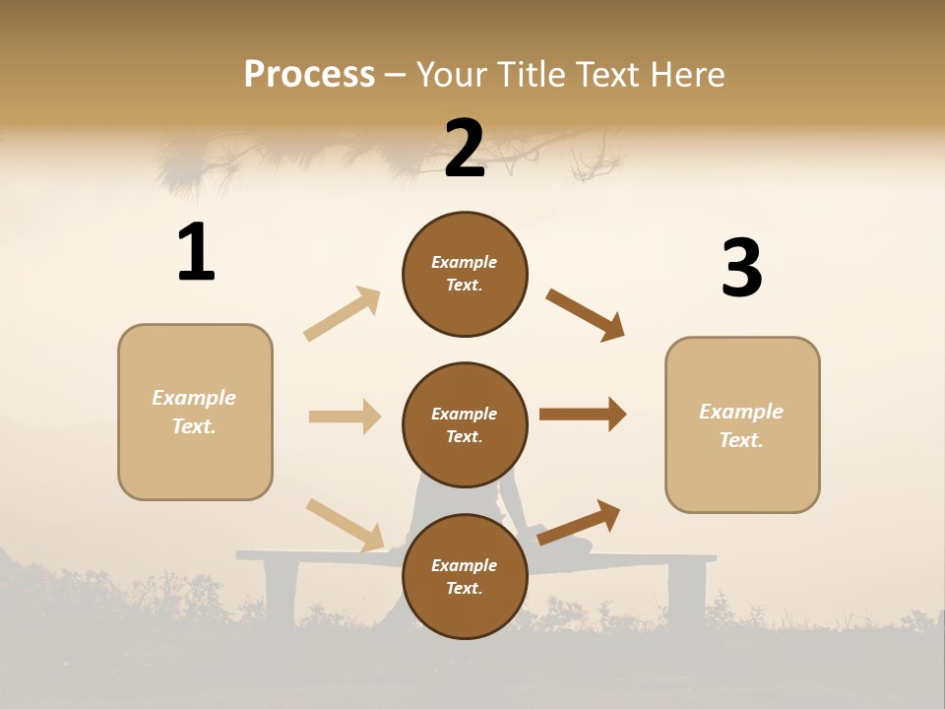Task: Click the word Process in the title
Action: pos(309,74)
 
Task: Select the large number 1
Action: pos(196,253)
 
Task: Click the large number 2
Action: pos(465,149)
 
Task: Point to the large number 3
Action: pos(741,269)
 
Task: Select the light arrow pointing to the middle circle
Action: pos(345,417)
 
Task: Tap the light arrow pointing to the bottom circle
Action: pos(345,525)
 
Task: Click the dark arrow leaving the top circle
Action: pos(586,315)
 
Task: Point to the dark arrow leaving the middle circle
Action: pos(583,415)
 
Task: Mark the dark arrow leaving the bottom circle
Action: pos(579,523)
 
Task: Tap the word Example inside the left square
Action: pos(194,398)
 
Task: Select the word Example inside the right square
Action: pos(741,412)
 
